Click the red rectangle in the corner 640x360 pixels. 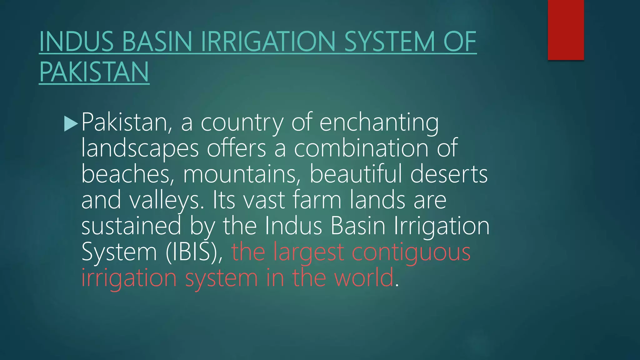pos(566,30)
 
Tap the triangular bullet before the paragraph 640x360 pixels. pos(71,124)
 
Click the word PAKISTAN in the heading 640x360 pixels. pos(94,72)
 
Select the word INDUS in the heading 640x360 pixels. pos(76,42)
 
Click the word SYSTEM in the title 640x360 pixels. pos(389,42)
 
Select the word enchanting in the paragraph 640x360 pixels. pos(379,122)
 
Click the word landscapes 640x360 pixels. pos(140,148)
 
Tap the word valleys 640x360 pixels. pos(167,200)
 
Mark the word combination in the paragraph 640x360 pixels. pos(361,148)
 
